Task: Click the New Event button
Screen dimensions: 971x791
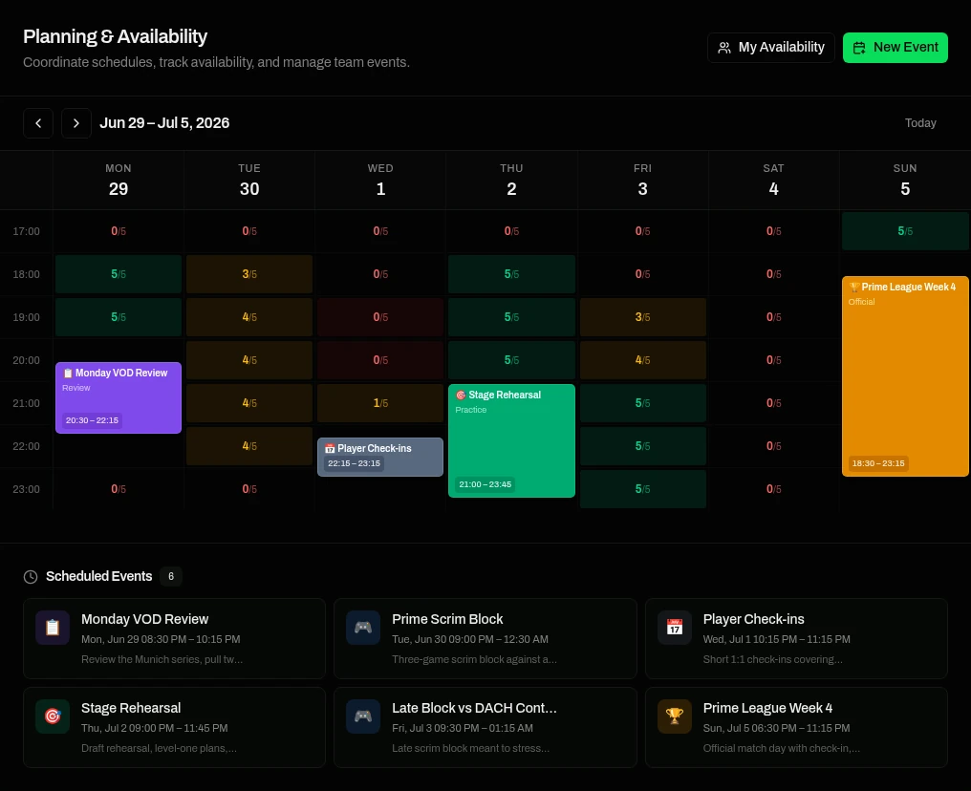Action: click(895, 48)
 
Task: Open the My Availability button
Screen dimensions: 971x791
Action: click(771, 48)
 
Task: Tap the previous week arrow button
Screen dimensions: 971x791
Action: click(38, 123)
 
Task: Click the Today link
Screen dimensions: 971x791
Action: click(920, 123)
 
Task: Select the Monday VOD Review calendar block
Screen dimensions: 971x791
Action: click(119, 397)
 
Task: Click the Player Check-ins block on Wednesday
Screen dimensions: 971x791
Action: click(380, 457)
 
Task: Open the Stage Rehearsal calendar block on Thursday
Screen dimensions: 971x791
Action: click(511, 440)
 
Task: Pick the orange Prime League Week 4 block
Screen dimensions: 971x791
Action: click(905, 376)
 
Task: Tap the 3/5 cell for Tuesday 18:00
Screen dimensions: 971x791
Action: click(249, 273)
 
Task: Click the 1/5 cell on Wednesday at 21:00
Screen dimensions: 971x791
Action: click(380, 403)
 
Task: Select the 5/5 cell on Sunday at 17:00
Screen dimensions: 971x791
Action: click(905, 231)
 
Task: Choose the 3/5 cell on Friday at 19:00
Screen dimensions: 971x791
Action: click(643, 317)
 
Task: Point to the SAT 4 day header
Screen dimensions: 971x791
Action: click(773, 181)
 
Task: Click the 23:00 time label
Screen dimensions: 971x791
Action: click(26, 489)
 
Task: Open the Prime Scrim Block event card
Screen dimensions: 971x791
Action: click(485, 638)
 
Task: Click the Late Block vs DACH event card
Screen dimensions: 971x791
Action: click(485, 727)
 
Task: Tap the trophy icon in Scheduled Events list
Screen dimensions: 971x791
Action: click(675, 716)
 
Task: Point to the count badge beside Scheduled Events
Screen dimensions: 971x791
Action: click(171, 576)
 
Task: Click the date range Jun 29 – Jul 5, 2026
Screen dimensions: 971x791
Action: click(164, 123)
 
